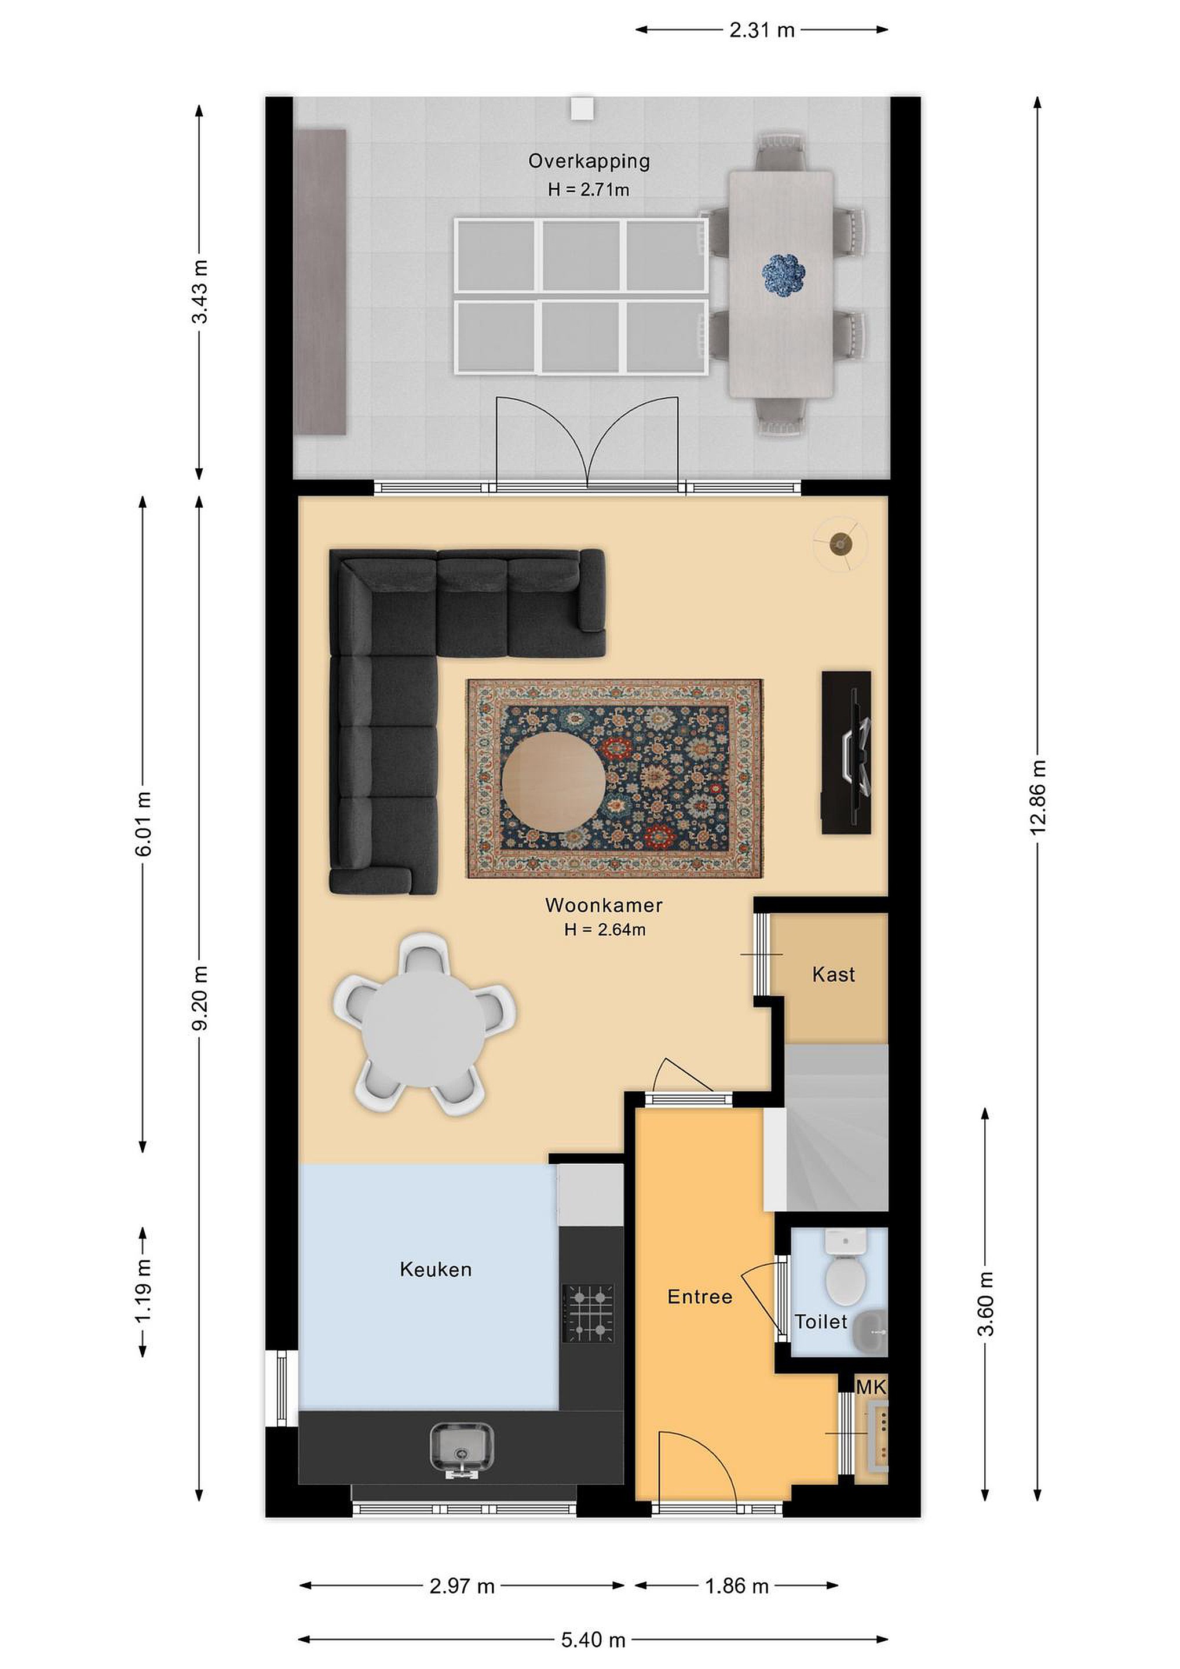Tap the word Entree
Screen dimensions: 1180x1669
click(x=700, y=1296)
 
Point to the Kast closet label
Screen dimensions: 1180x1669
click(x=834, y=974)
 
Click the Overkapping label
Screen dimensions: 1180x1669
click(x=589, y=161)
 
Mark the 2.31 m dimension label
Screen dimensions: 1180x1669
click(x=762, y=30)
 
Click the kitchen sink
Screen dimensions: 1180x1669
click(x=461, y=1449)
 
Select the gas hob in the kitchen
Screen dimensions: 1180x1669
click(x=589, y=1314)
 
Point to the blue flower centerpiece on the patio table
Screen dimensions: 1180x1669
click(x=783, y=275)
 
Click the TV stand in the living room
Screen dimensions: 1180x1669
click(x=846, y=752)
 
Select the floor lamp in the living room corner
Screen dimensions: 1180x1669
click(x=841, y=543)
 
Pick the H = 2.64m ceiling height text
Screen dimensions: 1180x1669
click(x=605, y=929)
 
